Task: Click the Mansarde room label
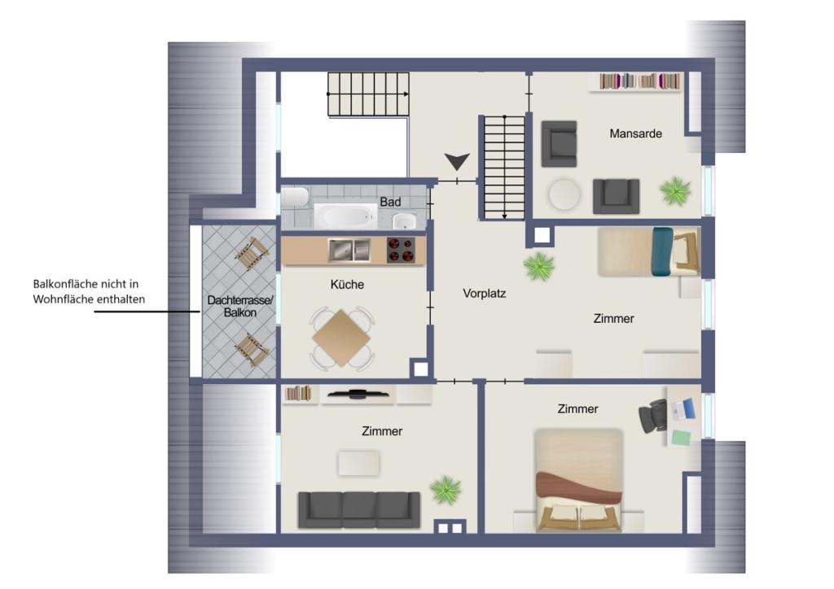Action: (x=635, y=133)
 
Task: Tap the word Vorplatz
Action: (x=485, y=293)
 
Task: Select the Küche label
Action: (x=347, y=285)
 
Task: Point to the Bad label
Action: (x=390, y=201)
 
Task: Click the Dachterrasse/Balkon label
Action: (x=239, y=307)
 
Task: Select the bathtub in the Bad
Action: (x=345, y=216)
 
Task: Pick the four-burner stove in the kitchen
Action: (x=399, y=250)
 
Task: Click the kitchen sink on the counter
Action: (x=349, y=250)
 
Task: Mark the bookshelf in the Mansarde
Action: (x=640, y=81)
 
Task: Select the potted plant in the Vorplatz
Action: (x=539, y=266)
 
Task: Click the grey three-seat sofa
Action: (x=359, y=509)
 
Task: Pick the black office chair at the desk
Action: (x=652, y=417)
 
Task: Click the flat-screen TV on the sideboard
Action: (x=358, y=394)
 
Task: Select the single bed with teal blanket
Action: (x=648, y=251)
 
